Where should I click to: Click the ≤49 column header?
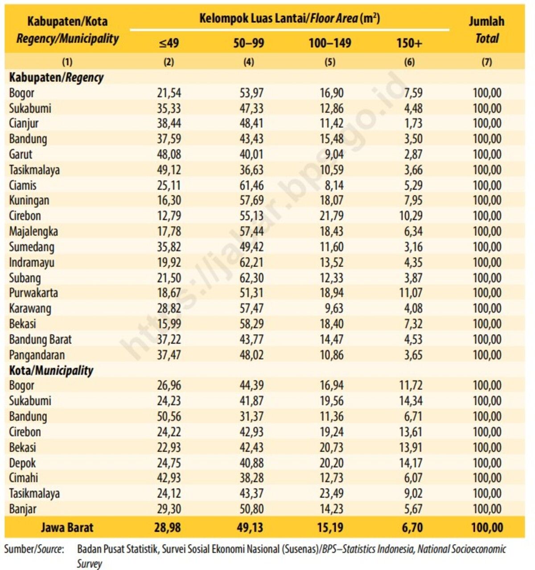click(169, 43)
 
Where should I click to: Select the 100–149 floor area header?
click(330, 43)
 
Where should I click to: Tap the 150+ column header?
click(409, 43)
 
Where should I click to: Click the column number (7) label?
click(486, 62)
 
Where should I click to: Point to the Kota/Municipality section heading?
click(51, 370)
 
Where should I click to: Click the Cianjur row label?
click(24, 123)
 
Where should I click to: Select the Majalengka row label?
click(33, 231)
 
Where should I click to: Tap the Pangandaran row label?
click(37, 355)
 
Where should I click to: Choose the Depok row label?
click(22, 463)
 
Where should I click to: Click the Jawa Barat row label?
click(67, 528)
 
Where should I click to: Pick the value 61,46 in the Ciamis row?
click(251, 185)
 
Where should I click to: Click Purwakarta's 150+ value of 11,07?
click(411, 293)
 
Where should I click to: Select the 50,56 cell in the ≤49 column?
click(169, 417)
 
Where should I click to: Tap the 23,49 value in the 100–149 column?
click(332, 493)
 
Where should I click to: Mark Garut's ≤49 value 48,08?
click(169, 154)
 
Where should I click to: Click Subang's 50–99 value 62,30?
click(251, 278)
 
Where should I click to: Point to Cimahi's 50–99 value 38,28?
click(251, 478)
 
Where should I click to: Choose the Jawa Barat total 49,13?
click(250, 528)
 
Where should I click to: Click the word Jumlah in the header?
click(486, 21)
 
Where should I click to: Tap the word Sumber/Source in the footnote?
click(34, 549)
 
